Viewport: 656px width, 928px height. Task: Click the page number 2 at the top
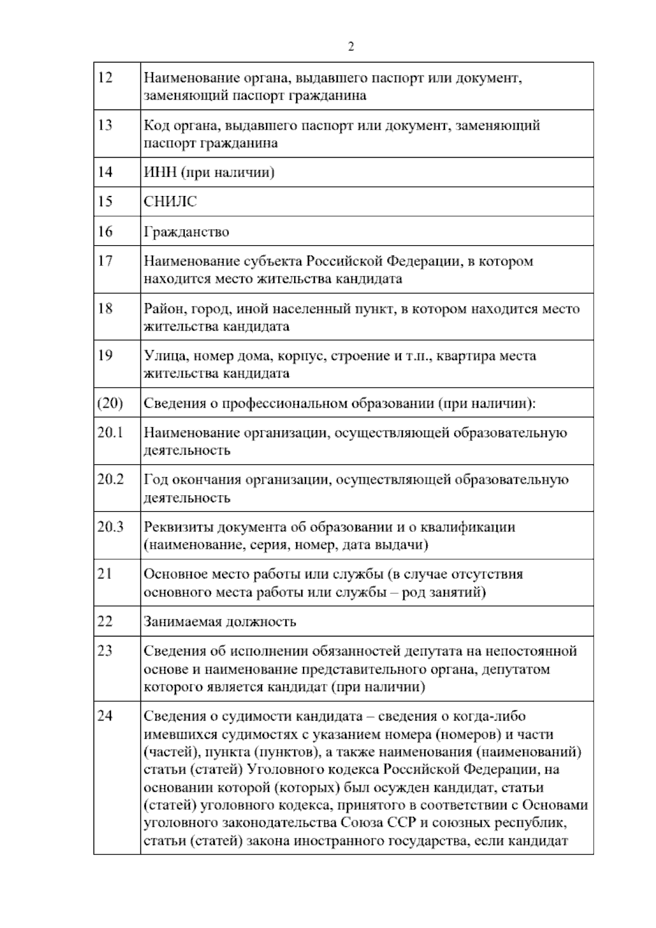[350, 47]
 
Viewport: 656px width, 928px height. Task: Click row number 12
[105, 78]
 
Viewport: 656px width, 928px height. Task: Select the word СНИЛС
[170, 202]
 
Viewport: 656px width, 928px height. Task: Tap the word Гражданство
[186, 232]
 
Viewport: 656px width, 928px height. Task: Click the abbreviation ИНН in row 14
[160, 173]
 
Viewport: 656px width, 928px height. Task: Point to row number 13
[105, 125]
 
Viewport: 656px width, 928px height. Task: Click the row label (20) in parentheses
[110, 403]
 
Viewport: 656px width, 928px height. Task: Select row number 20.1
[110, 432]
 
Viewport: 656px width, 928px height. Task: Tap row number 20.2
[111, 479]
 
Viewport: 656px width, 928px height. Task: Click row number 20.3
[111, 526]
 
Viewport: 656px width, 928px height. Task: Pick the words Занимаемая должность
[220, 622]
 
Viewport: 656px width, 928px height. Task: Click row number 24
[105, 716]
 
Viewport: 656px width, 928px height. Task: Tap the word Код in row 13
[155, 126]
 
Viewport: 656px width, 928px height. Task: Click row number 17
[105, 261]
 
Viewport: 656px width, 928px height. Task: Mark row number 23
[105, 651]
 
